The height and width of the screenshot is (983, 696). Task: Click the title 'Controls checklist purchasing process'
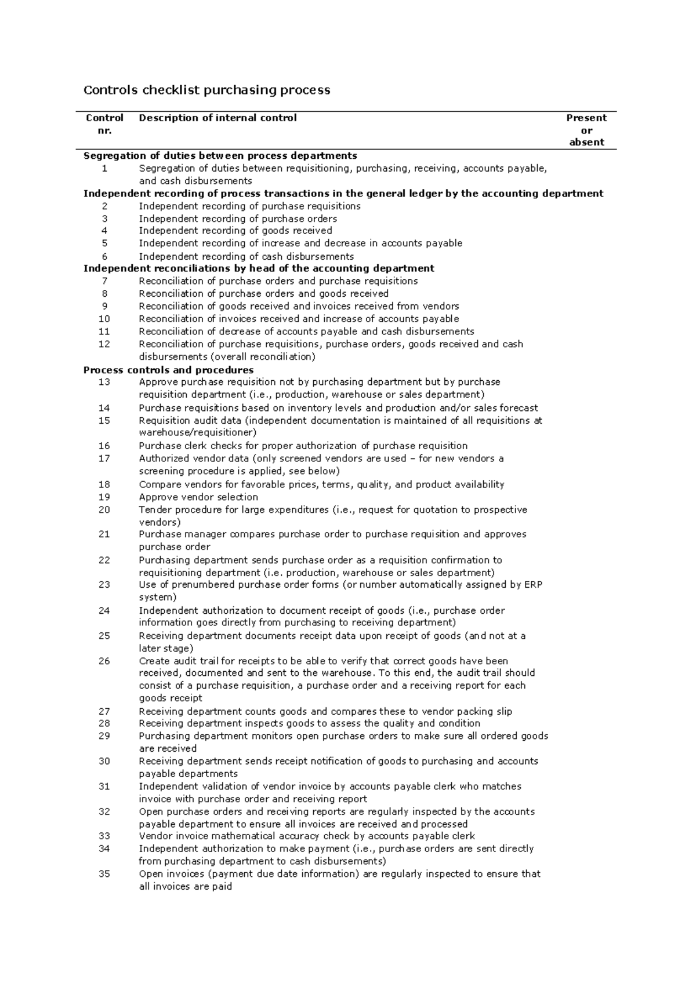click(207, 90)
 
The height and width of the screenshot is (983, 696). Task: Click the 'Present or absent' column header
click(586, 130)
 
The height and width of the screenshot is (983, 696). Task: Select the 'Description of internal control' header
click(217, 118)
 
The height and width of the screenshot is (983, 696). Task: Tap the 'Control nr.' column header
click(104, 123)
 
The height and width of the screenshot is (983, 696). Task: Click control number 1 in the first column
click(104, 169)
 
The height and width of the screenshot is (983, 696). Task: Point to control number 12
click(104, 344)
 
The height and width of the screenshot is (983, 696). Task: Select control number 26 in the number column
click(104, 661)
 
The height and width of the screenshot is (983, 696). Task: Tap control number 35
click(104, 874)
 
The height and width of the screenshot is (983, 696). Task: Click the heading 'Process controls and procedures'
click(168, 370)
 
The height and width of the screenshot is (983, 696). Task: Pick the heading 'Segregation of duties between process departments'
click(220, 156)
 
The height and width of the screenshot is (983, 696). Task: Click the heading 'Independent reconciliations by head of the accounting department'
click(259, 268)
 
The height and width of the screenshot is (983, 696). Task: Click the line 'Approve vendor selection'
click(198, 497)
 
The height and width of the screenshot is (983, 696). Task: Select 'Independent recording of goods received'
click(235, 231)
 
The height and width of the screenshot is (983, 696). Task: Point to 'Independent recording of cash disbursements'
click(246, 256)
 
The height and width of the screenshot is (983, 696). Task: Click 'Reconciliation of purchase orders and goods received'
click(263, 294)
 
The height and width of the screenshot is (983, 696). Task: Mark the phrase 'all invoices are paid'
click(185, 886)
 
